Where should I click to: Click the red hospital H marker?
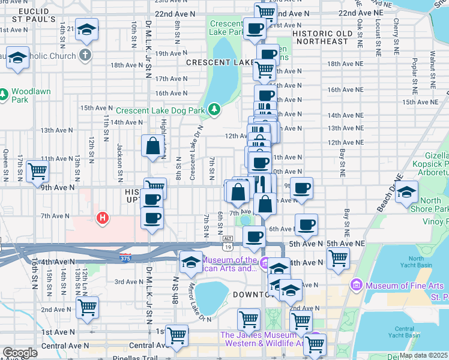(103, 217)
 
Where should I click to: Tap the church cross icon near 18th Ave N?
(85, 55)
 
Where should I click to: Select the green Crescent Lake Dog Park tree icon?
(214, 110)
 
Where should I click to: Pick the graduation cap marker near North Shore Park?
(407, 192)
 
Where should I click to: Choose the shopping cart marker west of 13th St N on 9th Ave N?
(37, 171)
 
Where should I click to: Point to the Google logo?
(20, 353)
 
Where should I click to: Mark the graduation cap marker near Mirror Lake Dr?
(191, 262)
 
